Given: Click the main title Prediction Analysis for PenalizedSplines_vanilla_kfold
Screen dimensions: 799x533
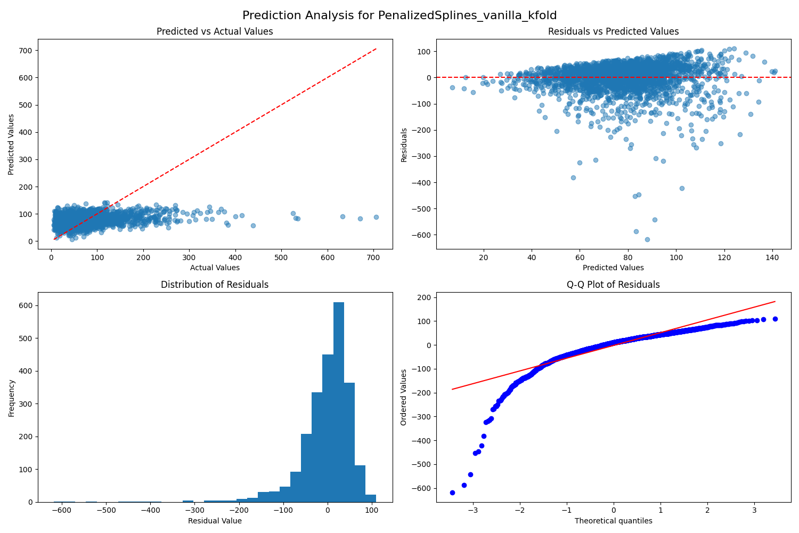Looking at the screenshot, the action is coord(399,15).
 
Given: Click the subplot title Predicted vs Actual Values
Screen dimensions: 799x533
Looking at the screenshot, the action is coord(215,31).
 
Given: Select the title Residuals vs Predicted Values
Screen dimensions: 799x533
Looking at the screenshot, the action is coord(613,31).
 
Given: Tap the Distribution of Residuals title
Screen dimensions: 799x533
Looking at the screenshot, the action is coord(215,285).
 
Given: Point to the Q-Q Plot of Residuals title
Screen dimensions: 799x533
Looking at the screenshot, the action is coord(613,285).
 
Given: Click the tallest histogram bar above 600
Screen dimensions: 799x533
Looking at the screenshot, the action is coord(338,402).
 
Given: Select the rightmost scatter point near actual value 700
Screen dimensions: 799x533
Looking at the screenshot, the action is coord(376,217).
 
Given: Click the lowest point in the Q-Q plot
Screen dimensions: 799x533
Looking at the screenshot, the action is coord(452,492).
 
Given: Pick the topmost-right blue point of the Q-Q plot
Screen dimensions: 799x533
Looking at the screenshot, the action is coord(775,319).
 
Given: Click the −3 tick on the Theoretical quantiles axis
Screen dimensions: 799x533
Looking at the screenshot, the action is coord(473,511).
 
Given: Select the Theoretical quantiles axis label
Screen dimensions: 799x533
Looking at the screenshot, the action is coord(613,521).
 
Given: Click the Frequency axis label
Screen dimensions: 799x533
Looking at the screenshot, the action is coord(11,398).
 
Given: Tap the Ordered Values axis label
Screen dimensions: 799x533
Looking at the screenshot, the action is coord(403,397).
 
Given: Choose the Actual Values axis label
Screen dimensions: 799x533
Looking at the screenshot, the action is coord(215,268).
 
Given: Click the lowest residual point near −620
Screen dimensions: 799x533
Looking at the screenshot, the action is coord(647,239).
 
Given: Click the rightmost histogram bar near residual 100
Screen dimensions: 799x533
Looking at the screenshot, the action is coord(371,498).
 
